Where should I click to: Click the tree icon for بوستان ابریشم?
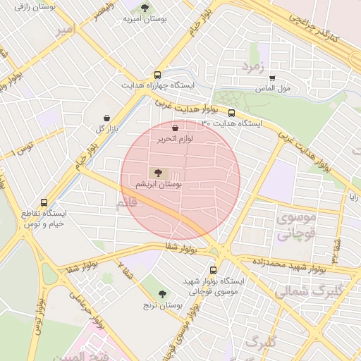click(157, 173)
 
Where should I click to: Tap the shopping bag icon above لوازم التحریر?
click(176, 128)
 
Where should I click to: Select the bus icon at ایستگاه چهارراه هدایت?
click(157, 74)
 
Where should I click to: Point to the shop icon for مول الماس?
click(273, 78)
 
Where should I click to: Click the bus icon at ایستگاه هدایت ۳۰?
click(231, 113)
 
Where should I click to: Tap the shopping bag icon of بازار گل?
click(106, 118)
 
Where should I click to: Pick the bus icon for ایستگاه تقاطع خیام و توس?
click(44, 202)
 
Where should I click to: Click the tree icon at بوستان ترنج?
click(163, 294)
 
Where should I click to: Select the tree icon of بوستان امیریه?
click(145, 8)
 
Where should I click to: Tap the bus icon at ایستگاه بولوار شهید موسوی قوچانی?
click(214, 270)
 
